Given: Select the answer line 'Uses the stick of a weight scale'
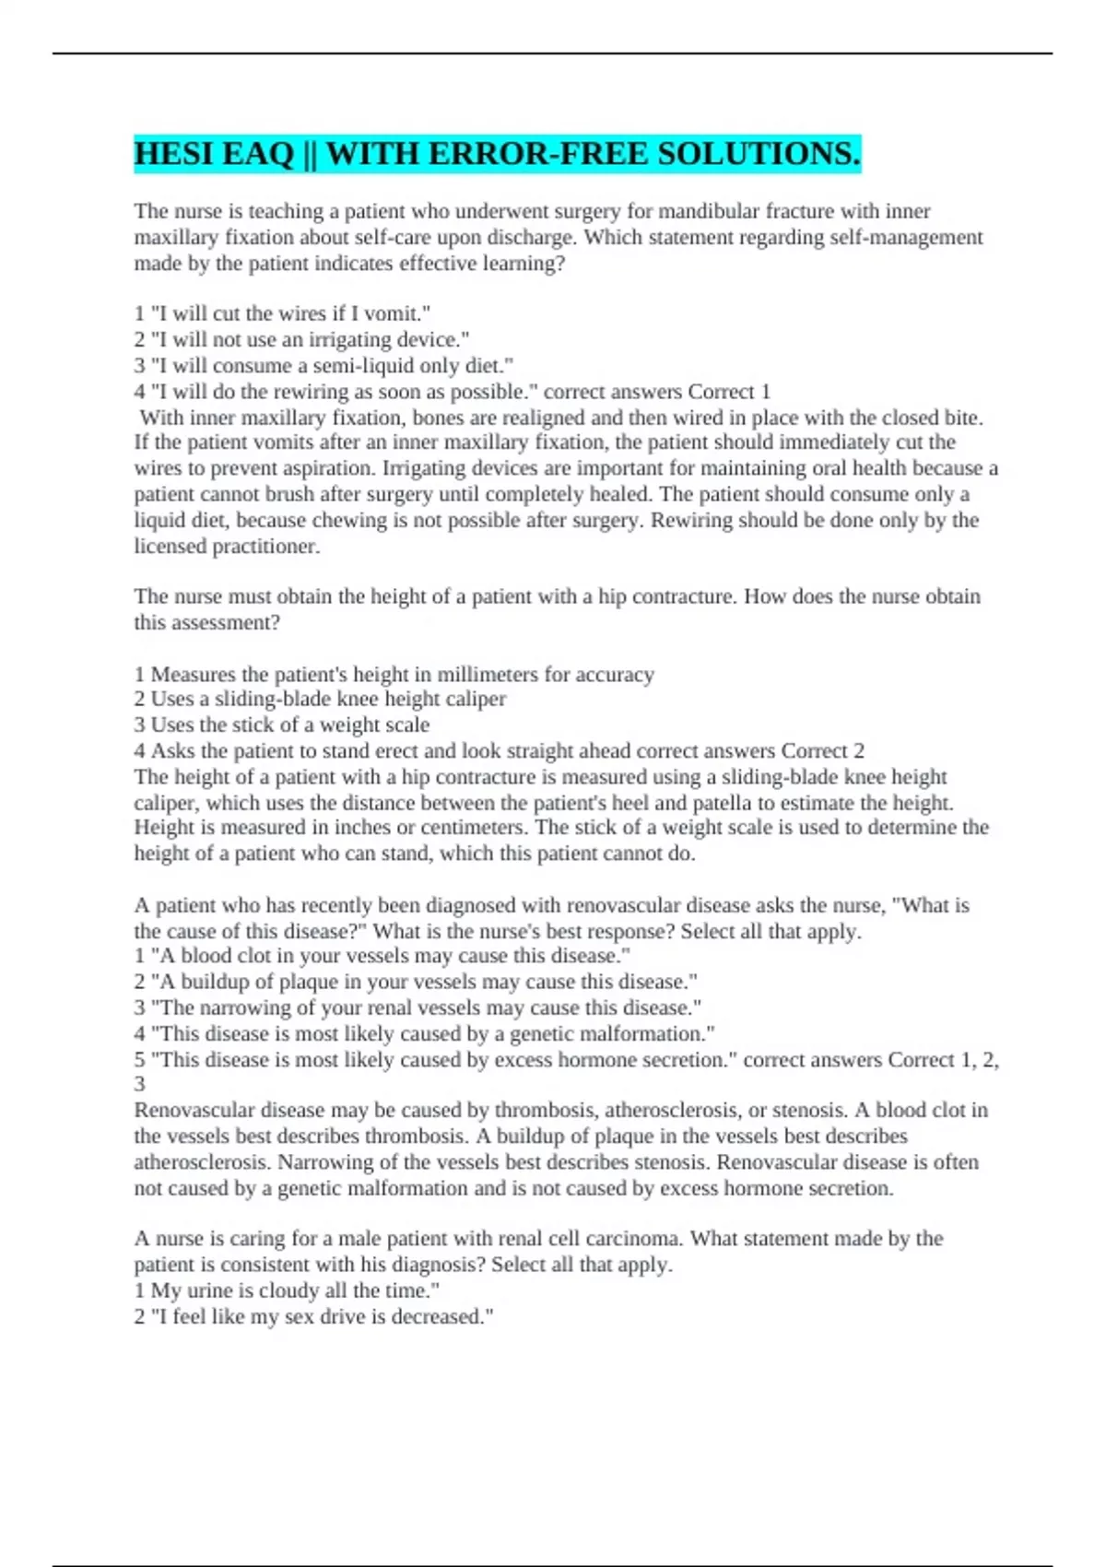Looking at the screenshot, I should [282, 725].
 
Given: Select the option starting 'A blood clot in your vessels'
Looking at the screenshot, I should [382, 956].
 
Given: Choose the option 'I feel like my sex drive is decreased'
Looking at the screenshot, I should [314, 1316].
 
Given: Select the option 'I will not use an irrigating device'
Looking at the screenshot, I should [302, 339].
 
